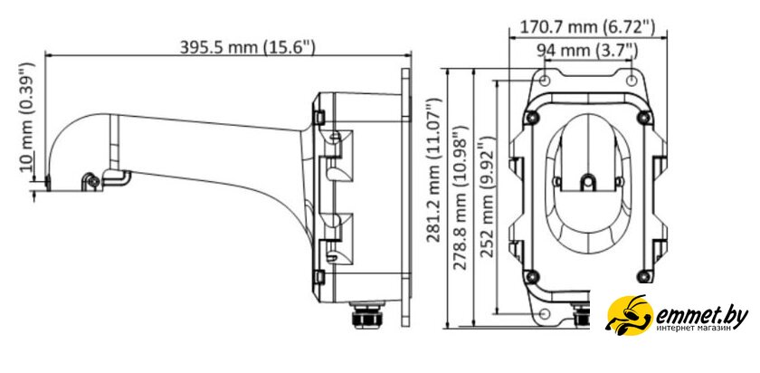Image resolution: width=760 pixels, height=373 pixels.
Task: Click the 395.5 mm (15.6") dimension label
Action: [248, 47]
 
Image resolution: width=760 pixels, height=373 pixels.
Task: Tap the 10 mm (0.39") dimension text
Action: [28, 117]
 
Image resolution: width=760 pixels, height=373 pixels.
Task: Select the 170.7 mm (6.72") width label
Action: [587, 27]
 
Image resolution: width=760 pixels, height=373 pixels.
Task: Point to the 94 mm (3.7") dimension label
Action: [587, 50]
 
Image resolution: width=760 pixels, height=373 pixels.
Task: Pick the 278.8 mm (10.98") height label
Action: [461, 197]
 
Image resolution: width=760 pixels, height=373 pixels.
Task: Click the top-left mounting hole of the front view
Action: [545, 80]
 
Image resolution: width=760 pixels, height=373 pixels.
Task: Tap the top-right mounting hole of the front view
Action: [632, 80]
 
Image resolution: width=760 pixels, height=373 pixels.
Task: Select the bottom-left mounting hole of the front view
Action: [545, 313]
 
